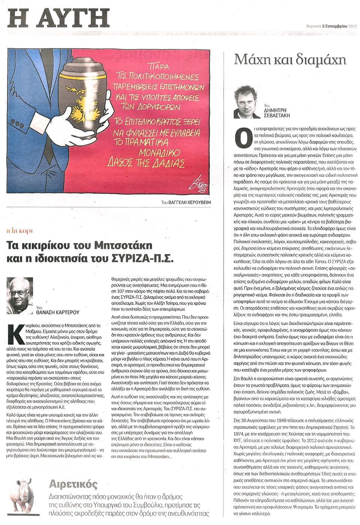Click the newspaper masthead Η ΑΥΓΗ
tap(58, 18)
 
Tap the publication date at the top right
tap(331, 26)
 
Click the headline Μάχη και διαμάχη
tap(290, 60)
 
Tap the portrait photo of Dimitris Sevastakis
tap(247, 102)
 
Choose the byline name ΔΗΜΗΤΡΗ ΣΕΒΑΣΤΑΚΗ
tap(277, 113)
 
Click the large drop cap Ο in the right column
tap(243, 138)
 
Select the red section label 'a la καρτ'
tap(19, 231)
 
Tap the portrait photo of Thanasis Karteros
tap(20, 293)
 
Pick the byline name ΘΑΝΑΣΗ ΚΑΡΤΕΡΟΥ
tap(58, 312)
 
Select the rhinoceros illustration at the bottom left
tap(26, 495)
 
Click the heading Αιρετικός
tap(73, 484)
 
